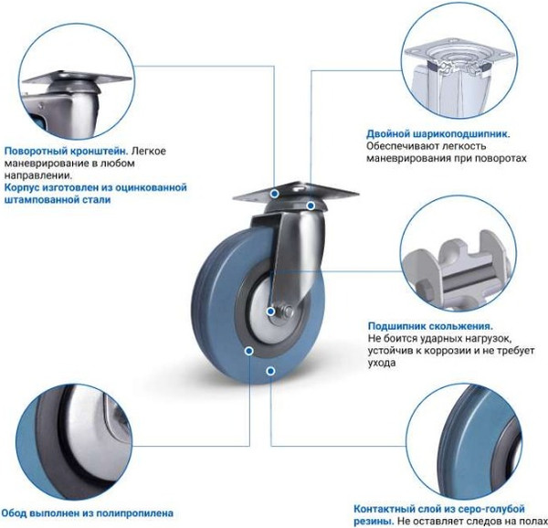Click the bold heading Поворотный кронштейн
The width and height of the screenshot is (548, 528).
click(65, 149)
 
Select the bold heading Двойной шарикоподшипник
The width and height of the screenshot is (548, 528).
click(438, 133)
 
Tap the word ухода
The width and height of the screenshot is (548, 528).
click(382, 363)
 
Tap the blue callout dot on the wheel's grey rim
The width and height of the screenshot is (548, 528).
click(249, 350)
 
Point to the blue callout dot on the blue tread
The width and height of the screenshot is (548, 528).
click(270, 371)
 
